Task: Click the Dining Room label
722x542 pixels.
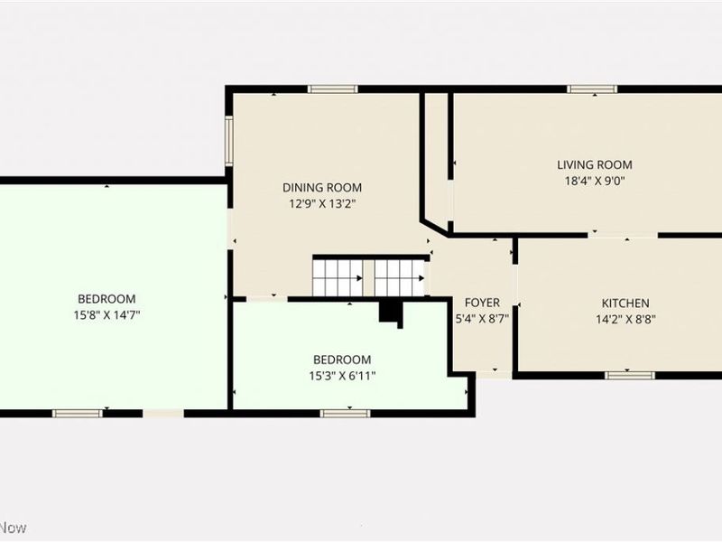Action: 322,188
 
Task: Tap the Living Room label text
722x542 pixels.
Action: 595,164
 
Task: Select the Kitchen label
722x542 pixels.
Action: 625,304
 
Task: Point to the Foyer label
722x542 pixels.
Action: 482,303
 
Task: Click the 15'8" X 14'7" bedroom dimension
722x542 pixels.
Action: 106,315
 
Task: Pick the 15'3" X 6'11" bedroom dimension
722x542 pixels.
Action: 342,376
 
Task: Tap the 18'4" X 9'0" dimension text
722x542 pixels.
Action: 595,181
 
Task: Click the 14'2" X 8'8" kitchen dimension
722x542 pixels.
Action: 625,320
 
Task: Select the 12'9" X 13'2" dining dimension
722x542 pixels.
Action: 322,204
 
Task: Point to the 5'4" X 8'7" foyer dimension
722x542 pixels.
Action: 482,319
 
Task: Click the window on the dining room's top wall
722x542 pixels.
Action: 333,89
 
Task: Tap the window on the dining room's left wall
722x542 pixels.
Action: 229,141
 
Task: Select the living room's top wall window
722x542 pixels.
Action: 592,89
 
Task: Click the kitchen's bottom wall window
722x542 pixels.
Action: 629,376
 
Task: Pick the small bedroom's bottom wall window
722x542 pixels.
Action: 345,414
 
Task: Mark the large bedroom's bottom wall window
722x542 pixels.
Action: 78,414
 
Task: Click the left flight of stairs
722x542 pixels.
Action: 338,278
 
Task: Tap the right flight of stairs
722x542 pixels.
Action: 399,278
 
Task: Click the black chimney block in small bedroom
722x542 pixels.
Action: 391,314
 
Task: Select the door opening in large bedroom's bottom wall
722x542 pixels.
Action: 163,414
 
